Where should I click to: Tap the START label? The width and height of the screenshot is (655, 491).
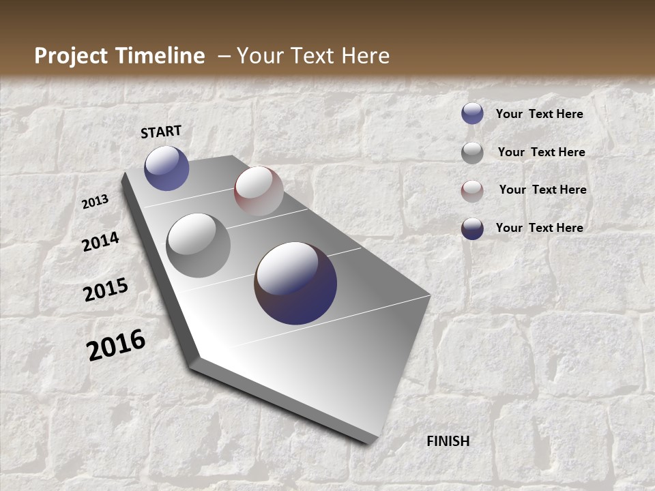161,132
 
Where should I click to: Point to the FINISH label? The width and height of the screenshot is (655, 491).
448,441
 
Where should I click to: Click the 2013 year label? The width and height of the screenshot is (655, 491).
96,202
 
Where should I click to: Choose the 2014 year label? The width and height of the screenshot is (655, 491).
100,241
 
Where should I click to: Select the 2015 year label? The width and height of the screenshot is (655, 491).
106,290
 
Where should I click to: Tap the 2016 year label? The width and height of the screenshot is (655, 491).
116,345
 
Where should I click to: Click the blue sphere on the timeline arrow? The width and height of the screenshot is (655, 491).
166,168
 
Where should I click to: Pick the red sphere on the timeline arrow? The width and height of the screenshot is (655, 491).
259,190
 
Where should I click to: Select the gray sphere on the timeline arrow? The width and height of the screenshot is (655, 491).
198,245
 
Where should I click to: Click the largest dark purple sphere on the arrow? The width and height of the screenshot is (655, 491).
295,283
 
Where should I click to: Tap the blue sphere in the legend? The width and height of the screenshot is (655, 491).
472,113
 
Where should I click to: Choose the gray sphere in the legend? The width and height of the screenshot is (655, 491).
472,152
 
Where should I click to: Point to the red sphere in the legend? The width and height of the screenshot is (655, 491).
472,190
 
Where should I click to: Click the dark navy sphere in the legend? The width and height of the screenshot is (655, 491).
472,228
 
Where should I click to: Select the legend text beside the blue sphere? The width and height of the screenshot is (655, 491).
539,114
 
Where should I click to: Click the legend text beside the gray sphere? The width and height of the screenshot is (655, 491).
541,152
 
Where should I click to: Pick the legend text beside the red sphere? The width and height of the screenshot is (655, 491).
542,190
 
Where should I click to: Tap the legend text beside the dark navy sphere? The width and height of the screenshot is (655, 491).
539,228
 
